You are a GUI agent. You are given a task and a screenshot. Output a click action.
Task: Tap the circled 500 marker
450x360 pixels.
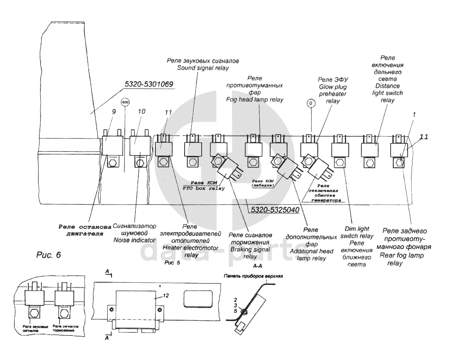pos(125,103)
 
